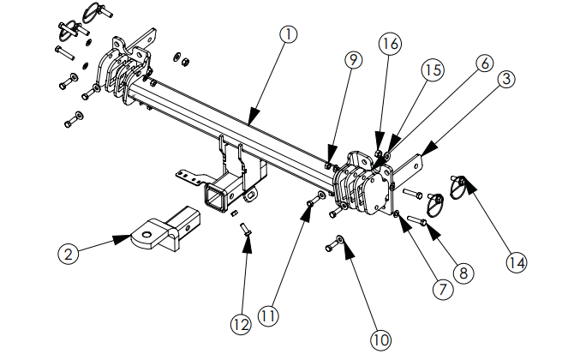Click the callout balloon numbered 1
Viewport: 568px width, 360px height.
tap(289, 35)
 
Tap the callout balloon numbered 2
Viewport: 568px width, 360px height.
tap(68, 253)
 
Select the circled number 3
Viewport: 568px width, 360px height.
tap(506, 79)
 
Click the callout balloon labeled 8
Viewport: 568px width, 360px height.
tap(463, 273)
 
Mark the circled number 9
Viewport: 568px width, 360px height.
tap(353, 59)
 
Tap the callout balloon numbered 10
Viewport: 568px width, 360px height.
tap(380, 340)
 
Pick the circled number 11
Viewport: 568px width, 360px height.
tap(267, 316)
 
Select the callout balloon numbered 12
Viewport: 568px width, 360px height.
tap(241, 325)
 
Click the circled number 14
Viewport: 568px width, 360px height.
tap(517, 261)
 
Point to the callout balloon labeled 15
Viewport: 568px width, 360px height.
tap(433, 70)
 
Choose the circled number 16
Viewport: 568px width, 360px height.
tap(390, 44)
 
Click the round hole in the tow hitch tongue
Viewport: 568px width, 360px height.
tap(146, 235)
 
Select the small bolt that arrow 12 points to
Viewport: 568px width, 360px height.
tap(246, 230)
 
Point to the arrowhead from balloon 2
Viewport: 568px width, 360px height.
tap(122, 239)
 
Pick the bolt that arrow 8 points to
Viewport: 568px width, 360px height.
tap(417, 219)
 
